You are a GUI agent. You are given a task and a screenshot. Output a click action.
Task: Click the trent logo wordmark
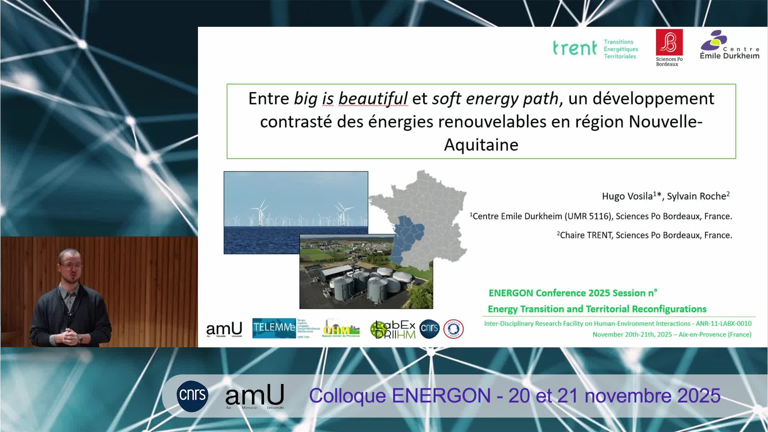(575, 48)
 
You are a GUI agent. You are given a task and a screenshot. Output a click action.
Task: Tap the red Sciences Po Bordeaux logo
(669, 43)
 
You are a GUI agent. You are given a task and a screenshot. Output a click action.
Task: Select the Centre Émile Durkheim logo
(729, 45)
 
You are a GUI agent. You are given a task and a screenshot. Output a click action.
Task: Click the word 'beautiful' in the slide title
(373, 98)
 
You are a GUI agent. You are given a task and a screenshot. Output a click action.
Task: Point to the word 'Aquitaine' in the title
(481, 144)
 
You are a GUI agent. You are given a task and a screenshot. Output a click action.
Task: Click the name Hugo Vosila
(627, 196)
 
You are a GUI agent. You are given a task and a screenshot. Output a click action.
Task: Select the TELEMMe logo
(274, 328)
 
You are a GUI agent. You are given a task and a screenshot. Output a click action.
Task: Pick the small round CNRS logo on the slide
(430, 329)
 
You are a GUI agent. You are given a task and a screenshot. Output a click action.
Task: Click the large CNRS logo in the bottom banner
(192, 396)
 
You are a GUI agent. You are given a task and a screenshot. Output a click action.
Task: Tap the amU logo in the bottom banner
(255, 396)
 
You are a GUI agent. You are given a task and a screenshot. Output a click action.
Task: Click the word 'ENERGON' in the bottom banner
(441, 396)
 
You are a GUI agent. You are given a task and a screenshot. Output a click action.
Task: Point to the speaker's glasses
(70, 264)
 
